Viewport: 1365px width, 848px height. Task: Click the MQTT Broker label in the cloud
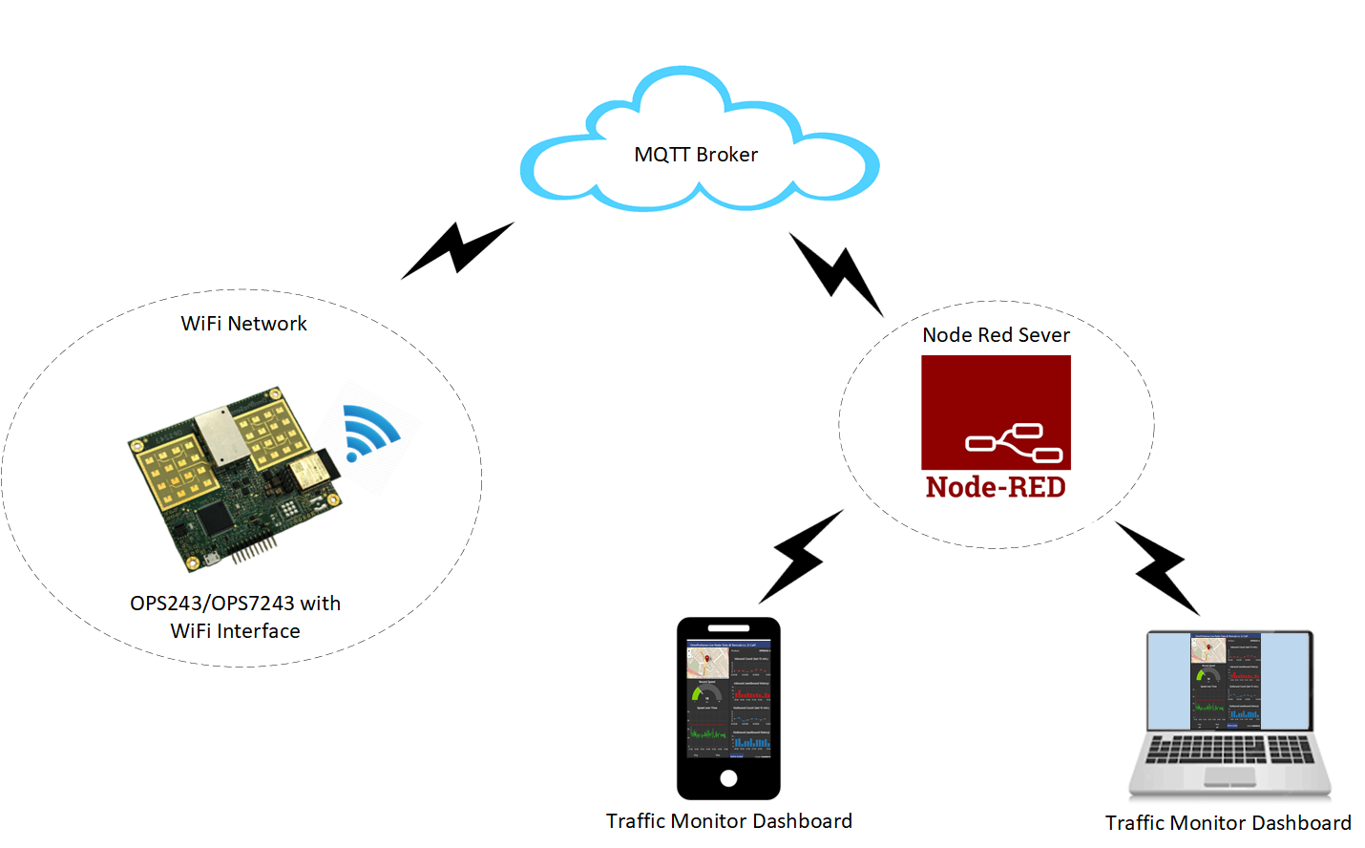tap(696, 155)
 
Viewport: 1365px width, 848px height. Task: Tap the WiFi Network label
tap(244, 324)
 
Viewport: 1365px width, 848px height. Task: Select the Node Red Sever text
tap(996, 335)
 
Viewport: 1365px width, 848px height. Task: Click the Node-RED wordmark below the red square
tap(996, 487)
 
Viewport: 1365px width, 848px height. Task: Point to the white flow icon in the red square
tap(1015, 442)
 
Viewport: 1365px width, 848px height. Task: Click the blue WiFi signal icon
tap(367, 433)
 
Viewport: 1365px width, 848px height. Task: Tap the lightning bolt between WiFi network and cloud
tap(458, 250)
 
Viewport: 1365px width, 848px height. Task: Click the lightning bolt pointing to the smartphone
tap(800, 557)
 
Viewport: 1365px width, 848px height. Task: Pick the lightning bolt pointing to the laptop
tap(1158, 567)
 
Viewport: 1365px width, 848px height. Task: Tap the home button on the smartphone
tap(728, 777)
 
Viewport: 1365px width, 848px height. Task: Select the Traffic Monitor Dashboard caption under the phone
tap(728, 821)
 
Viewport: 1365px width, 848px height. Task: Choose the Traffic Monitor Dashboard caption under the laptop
tap(1228, 823)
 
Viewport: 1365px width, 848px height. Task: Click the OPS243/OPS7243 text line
tap(235, 604)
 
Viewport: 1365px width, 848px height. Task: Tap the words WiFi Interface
tap(235, 631)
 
